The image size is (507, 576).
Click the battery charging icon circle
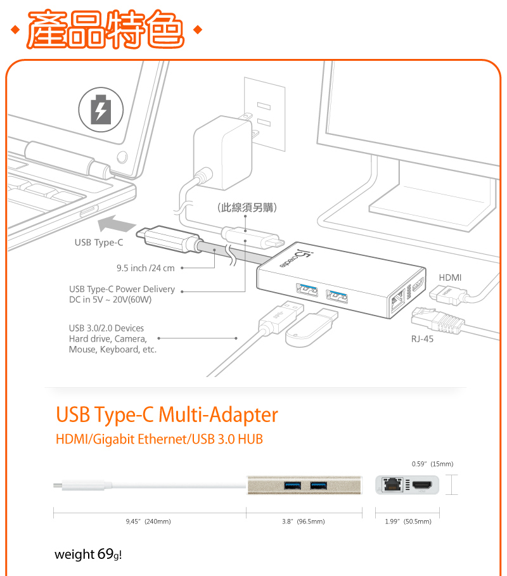pos(101,108)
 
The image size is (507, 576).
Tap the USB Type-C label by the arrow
pos(99,243)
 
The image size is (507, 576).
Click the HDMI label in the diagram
pos(450,278)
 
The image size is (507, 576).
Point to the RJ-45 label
pos(422,339)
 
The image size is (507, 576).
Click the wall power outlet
pos(264,114)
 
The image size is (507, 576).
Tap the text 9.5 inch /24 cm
pos(145,268)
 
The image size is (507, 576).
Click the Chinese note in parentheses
pos(247,207)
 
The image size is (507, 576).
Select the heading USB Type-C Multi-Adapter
pos(167,415)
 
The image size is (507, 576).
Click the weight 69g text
pos(87,554)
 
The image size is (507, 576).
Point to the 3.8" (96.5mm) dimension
pos(303,522)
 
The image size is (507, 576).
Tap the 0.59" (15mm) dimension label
pos(432,464)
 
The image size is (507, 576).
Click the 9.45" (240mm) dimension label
pos(148,522)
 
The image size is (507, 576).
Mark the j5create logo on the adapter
pos(304,257)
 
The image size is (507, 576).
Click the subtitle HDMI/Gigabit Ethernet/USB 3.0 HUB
pos(159,439)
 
